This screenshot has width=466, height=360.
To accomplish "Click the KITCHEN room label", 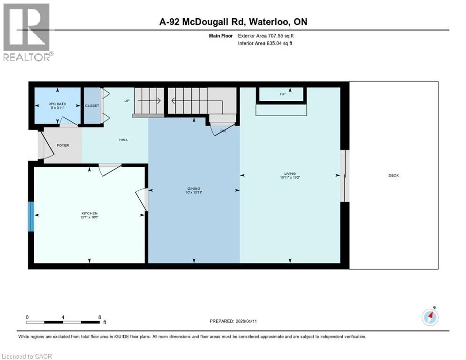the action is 90,213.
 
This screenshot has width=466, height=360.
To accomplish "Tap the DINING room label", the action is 194,188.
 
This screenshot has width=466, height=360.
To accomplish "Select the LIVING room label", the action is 290,173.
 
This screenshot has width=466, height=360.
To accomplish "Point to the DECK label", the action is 393,175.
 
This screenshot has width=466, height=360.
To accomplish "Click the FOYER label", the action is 63,145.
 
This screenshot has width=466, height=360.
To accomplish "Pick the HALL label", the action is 123,140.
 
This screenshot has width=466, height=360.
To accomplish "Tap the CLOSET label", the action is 92,105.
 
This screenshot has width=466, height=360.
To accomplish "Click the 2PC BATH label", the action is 58,104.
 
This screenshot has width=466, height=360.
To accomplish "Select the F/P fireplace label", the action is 282,94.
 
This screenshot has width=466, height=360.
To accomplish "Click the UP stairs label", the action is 127,101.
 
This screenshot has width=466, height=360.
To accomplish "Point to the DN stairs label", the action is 223,131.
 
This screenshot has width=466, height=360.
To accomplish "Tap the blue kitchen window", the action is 31,217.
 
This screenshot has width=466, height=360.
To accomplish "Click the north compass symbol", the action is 430,317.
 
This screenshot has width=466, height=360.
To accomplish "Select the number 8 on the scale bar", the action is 99,317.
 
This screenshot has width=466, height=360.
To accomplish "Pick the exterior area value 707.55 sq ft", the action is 281,36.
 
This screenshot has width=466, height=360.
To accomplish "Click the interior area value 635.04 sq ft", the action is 279,43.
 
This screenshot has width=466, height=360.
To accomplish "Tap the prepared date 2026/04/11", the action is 246,321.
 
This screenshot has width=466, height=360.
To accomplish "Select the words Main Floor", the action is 220,36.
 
